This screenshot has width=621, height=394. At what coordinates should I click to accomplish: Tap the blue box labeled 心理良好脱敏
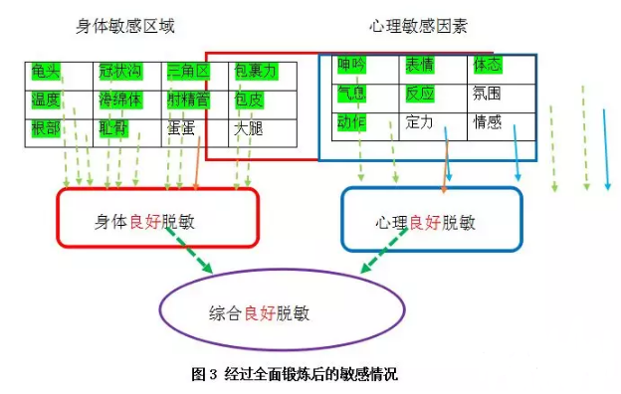431,220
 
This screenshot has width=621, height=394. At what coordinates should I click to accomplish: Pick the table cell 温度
47,99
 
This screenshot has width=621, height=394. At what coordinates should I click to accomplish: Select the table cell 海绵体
119,99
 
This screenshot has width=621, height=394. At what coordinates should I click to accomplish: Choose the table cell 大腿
249,128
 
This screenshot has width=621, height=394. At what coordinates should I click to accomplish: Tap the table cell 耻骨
113,128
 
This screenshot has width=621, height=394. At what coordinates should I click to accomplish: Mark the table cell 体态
488,65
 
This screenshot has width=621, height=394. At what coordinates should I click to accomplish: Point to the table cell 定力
420,122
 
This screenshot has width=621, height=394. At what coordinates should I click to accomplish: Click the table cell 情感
488,122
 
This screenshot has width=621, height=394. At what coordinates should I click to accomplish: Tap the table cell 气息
352,94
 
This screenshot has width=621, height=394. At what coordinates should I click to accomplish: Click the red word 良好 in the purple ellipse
260,311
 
